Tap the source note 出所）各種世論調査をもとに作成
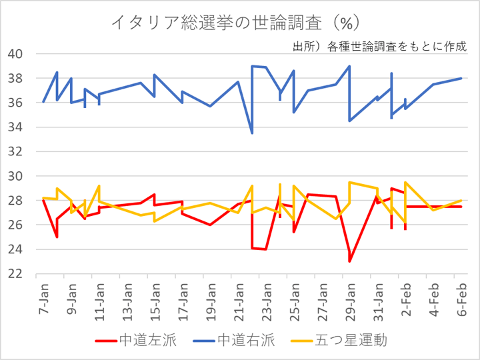379,47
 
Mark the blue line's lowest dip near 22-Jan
252,133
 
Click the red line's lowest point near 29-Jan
350,261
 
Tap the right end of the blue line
462,78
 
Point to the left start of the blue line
43,102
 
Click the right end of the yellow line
462,201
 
